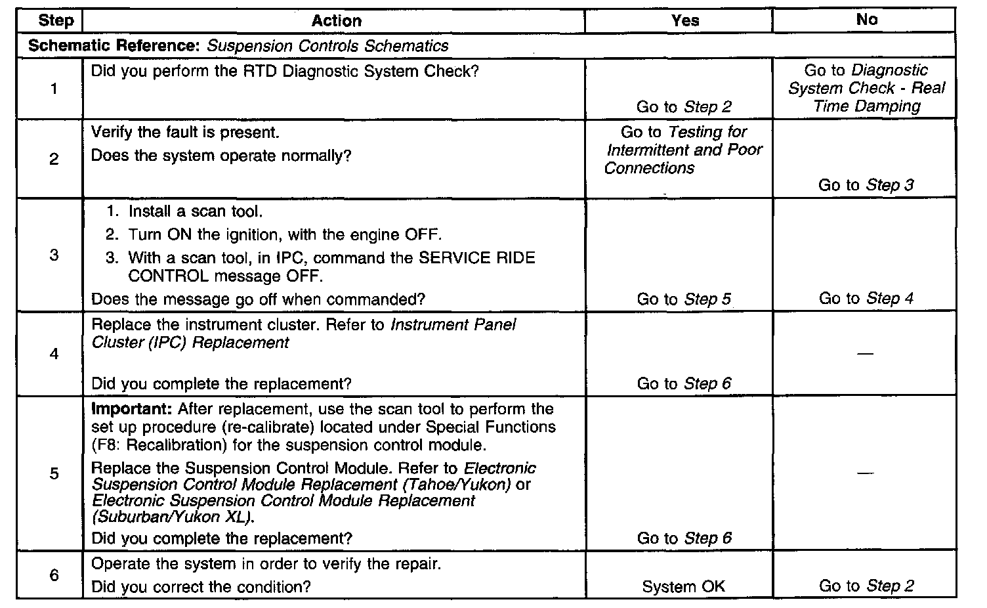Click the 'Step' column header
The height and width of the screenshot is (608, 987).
pyautogui.click(x=56, y=20)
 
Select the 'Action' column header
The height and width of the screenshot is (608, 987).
pyautogui.click(x=336, y=21)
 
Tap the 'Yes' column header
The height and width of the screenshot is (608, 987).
pyautogui.click(x=684, y=21)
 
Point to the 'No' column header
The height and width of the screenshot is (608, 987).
pyautogui.click(x=866, y=20)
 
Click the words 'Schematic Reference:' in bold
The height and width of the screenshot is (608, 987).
pyautogui.click(x=115, y=46)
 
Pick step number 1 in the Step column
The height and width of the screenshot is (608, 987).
pyautogui.click(x=54, y=89)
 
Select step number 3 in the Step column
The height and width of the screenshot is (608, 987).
pyautogui.click(x=54, y=255)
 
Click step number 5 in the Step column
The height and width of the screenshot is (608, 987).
pyautogui.click(x=54, y=473)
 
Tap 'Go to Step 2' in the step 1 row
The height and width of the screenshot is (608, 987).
pyautogui.click(x=684, y=107)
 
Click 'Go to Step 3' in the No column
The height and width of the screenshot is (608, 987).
pyautogui.click(x=866, y=185)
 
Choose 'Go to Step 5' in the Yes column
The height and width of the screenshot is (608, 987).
pyautogui.click(x=684, y=299)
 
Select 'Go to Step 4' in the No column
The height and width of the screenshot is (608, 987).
pyautogui.click(x=866, y=299)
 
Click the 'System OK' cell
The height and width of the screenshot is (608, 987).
pyautogui.click(x=684, y=586)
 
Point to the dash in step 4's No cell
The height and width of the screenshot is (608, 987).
pyautogui.click(x=866, y=355)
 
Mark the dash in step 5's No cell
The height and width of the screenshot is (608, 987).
pyautogui.click(x=866, y=473)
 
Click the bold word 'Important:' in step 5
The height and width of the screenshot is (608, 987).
pyautogui.click(x=131, y=409)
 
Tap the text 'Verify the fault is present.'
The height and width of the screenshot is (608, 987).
pyautogui.click(x=185, y=133)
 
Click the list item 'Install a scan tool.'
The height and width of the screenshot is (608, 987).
pyautogui.click(x=195, y=211)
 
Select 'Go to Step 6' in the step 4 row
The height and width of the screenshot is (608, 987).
pyautogui.click(x=684, y=383)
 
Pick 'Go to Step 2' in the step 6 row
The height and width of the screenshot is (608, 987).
pyautogui.click(x=866, y=586)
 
